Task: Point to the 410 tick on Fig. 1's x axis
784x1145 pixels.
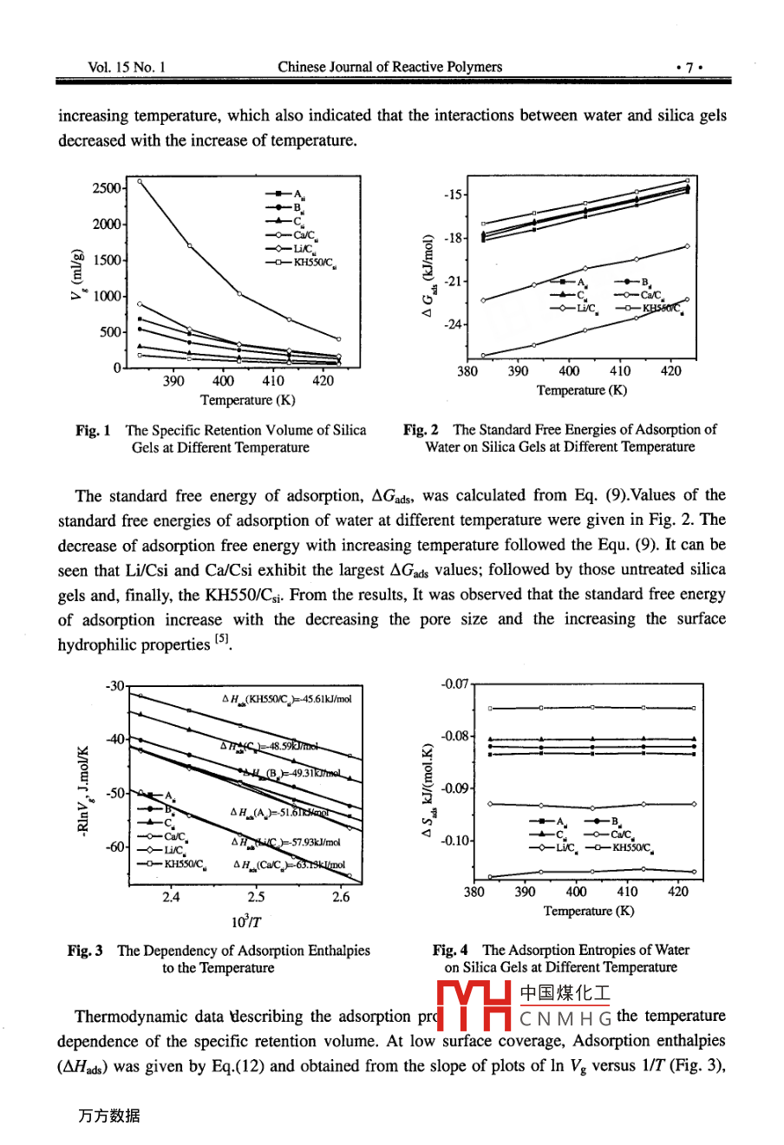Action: coord(273,381)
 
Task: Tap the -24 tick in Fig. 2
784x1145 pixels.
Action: coord(454,325)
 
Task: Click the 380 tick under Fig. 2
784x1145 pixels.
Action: coord(467,371)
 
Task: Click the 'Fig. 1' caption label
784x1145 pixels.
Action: coord(92,430)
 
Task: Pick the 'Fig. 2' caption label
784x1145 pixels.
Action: coord(421,429)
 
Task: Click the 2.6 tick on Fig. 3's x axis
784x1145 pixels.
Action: coord(340,897)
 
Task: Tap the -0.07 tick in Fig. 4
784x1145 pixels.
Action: coord(454,684)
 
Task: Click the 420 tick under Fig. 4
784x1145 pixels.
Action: coord(678,892)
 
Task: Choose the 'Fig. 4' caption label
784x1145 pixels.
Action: coord(450,951)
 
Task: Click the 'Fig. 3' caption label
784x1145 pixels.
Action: coord(85,951)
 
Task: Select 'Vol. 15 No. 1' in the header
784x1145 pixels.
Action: coord(127,67)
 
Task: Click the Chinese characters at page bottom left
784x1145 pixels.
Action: coord(108,1116)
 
